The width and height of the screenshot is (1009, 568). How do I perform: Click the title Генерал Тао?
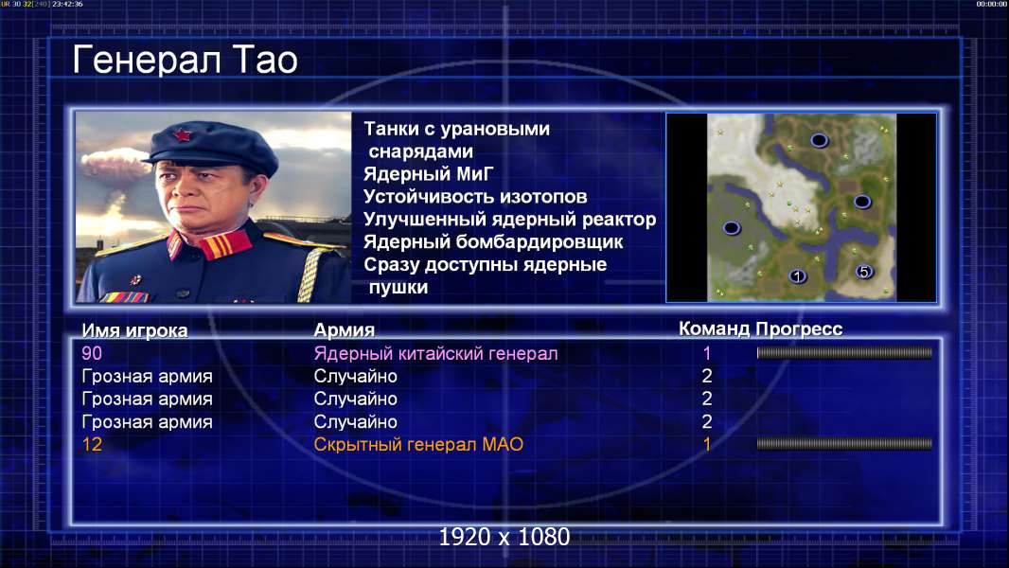coord(185,60)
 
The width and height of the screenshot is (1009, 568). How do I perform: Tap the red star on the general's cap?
coord(182,135)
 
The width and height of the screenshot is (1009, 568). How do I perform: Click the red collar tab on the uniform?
coord(224,245)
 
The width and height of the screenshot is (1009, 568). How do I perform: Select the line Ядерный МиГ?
coord(428,174)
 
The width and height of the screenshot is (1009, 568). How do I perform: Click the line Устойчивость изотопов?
coord(475,197)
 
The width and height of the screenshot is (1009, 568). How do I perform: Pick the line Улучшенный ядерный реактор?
coord(509,220)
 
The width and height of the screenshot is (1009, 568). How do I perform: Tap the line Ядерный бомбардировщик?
coord(493,241)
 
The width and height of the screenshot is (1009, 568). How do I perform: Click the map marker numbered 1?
coord(797,276)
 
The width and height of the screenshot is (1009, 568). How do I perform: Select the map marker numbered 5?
coord(864,272)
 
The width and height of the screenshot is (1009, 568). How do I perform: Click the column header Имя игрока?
coord(134,330)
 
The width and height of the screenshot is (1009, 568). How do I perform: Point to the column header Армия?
coord(345,330)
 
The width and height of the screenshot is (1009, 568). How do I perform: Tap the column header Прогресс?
coord(799,329)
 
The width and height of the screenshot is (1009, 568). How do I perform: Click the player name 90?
coord(92,353)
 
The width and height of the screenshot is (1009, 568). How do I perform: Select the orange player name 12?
coord(92,445)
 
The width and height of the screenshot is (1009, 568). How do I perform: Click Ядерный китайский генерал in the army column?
coord(435,354)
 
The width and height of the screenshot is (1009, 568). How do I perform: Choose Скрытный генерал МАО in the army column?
coord(418,445)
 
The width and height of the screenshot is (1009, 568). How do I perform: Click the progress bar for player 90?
coord(844,352)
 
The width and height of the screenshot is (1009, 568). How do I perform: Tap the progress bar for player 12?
coord(844,444)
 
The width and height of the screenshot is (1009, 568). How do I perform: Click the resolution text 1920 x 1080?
coord(504,537)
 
